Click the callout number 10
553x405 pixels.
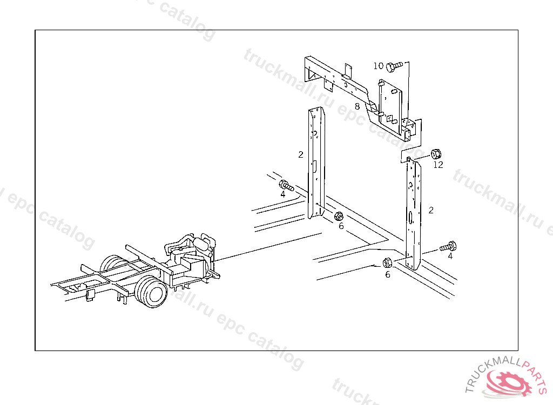pyautogui.click(x=378, y=66)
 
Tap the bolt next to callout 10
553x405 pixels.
pyautogui.click(x=394, y=66)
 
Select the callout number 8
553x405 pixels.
pyautogui.click(x=358, y=106)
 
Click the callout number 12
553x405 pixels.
pyautogui.click(x=438, y=165)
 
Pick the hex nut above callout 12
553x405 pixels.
pyautogui.click(x=436, y=154)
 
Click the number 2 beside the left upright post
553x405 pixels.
pyautogui.click(x=300, y=154)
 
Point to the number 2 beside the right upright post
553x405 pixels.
pyautogui.click(x=431, y=210)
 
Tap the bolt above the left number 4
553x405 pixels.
pyautogui.click(x=286, y=185)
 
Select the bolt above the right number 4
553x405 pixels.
pyautogui.click(x=448, y=246)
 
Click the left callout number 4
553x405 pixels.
pyautogui.click(x=283, y=194)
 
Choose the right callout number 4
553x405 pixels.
pyautogui.click(x=450, y=256)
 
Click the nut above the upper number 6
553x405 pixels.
pyautogui.click(x=339, y=216)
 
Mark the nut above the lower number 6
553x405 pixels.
pyautogui.click(x=388, y=263)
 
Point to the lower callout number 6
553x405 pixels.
pyautogui.click(x=388, y=275)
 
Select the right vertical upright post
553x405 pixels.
pyautogui.click(x=413, y=213)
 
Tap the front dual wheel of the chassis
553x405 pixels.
pyautogui.click(x=151, y=292)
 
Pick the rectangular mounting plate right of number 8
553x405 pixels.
pyautogui.click(x=390, y=102)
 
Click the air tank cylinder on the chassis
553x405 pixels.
pyautogui.click(x=200, y=244)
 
